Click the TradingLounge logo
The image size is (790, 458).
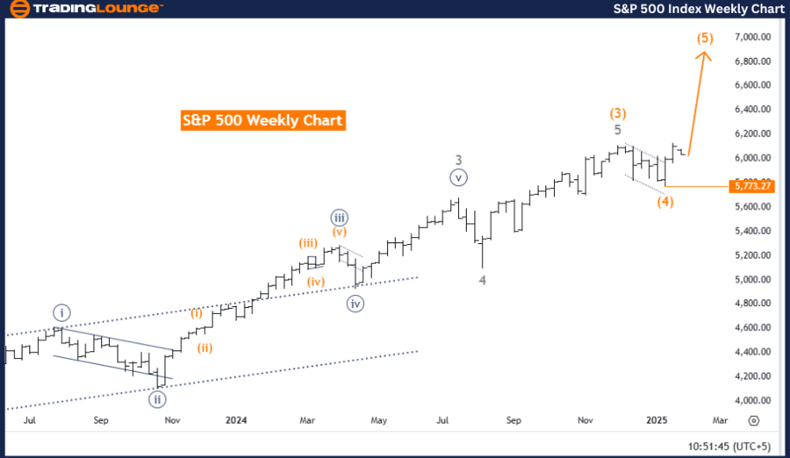85,8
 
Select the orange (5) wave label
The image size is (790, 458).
705,39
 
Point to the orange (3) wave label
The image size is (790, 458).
618,113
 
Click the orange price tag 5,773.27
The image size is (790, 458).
750,186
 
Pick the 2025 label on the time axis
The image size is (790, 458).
658,420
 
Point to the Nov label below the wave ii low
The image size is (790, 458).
172,420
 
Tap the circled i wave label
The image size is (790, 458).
61,311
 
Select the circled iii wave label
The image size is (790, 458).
340,217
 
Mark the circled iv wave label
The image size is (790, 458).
355,304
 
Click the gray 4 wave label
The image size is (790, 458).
482,280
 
